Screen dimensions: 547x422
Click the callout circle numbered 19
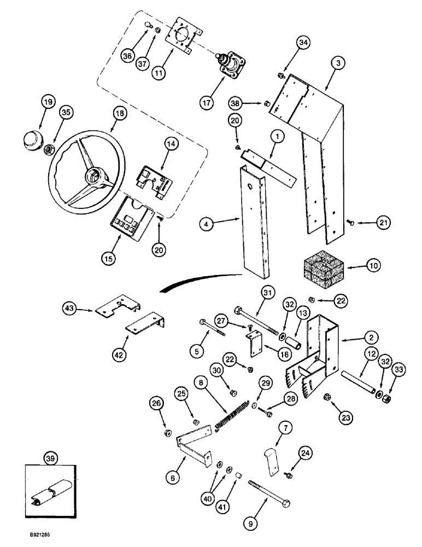[x=48, y=102]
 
